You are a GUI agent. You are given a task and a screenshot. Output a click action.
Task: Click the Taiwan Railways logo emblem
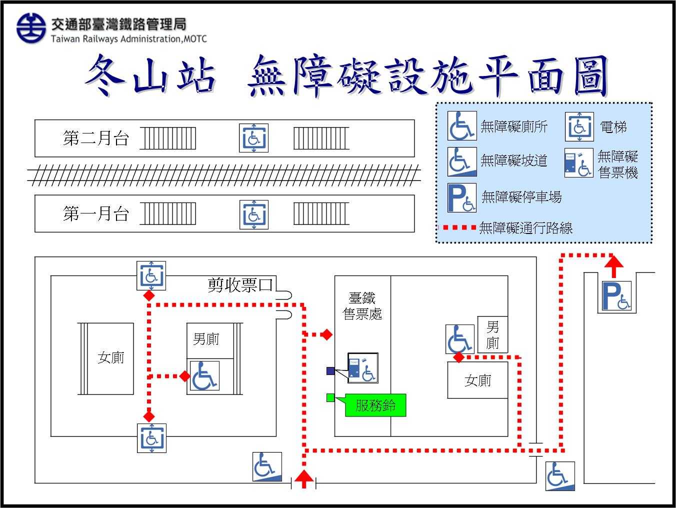[31, 28]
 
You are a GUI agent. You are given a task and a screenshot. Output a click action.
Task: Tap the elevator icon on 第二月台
[253, 137]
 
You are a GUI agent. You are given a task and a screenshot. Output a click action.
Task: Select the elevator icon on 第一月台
[253, 214]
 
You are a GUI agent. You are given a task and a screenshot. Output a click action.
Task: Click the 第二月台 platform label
[96, 138]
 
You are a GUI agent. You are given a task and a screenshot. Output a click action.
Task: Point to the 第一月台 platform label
[96, 214]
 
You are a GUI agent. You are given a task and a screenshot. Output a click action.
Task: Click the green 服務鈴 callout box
[375, 405]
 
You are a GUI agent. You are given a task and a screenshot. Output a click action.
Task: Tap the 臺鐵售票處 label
[362, 306]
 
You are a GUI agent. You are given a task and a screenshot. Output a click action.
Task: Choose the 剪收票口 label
[240, 285]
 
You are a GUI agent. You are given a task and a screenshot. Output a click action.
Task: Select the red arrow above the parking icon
[614, 266]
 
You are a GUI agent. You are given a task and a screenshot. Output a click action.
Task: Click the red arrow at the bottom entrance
[303, 478]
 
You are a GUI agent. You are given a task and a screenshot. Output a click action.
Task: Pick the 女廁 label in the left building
[110, 357]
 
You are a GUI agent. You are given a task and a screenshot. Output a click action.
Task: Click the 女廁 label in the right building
[477, 381]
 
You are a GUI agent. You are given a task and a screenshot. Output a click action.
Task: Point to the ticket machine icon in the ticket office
[363, 368]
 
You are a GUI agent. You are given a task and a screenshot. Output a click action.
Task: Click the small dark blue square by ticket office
[330, 371]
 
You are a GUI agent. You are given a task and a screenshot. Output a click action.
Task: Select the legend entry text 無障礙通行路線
[525, 228]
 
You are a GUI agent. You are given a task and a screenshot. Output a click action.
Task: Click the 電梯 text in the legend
[613, 127]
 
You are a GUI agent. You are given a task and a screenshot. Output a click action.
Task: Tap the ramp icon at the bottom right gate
[559, 476]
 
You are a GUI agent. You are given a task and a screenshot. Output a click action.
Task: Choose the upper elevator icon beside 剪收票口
[151, 275]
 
